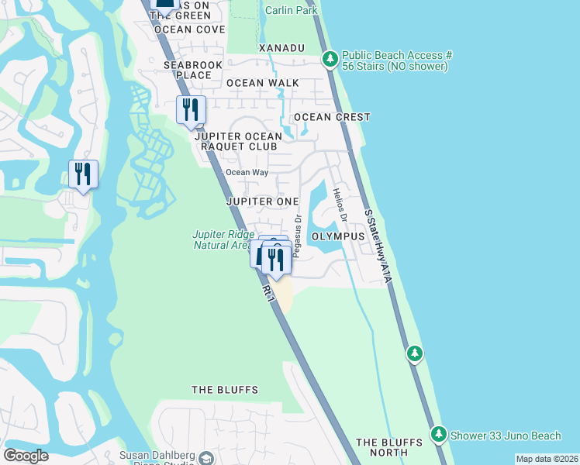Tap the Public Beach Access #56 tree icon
point(330,59)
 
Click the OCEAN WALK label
point(257,83)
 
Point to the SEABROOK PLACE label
point(188,70)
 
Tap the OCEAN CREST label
point(332,117)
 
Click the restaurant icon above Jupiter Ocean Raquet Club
point(191,110)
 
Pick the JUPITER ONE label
point(262,201)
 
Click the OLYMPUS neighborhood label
point(338,236)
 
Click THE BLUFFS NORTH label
point(389,447)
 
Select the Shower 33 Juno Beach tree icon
point(439,432)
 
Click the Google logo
point(26,456)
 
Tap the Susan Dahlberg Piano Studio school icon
point(205,458)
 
